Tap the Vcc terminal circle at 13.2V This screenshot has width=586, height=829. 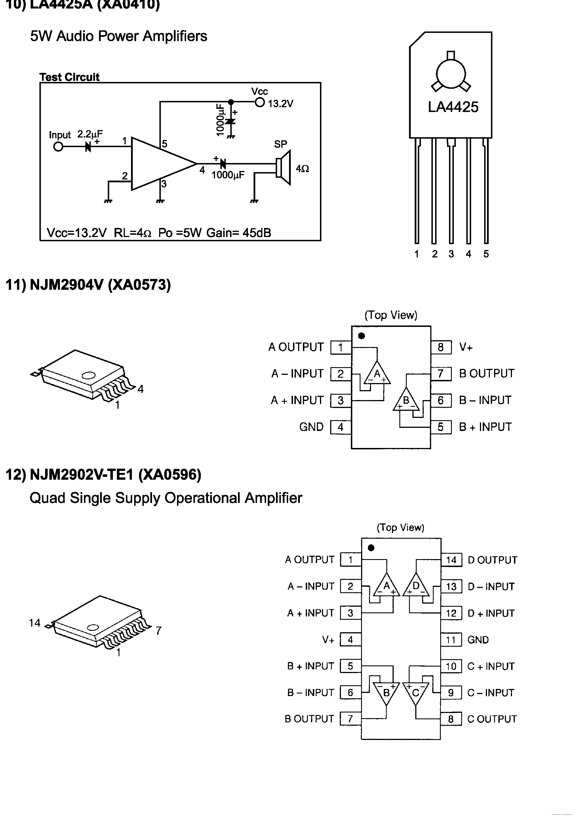260,103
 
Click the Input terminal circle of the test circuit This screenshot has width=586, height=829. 58,147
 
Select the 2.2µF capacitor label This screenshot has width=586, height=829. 90,134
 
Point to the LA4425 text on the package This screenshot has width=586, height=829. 453,107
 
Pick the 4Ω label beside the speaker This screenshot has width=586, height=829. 302,169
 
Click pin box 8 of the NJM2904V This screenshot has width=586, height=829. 441,347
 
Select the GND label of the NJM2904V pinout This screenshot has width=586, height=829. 311,427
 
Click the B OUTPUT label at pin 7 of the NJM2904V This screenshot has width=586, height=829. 486,373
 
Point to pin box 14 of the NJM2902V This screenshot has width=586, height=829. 451,560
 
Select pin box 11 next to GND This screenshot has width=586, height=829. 451,640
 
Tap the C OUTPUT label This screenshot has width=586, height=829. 492,719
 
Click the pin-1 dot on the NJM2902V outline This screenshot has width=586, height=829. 371,548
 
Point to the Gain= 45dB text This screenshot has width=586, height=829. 239,233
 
